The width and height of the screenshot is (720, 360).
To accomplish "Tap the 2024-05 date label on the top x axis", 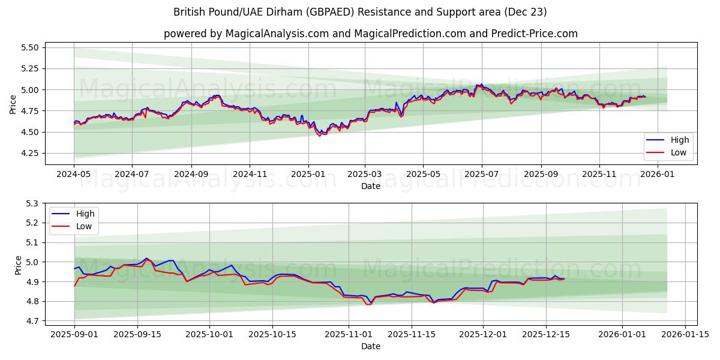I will [x=74, y=174].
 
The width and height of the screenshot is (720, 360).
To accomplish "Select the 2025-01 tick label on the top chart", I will [x=308, y=174].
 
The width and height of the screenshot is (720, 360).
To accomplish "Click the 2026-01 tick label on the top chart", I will [x=658, y=174].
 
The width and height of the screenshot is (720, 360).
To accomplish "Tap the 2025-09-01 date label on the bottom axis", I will [x=74, y=334].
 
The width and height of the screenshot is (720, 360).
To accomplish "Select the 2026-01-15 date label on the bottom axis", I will [x=685, y=334].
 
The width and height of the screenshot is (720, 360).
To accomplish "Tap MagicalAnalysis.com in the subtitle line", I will [x=277, y=34].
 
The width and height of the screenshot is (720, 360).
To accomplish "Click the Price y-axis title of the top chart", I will [x=13, y=104].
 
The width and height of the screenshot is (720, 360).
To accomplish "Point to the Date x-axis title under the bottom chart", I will [x=370, y=346].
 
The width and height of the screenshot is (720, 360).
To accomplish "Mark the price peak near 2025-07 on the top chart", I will [x=481, y=85].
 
